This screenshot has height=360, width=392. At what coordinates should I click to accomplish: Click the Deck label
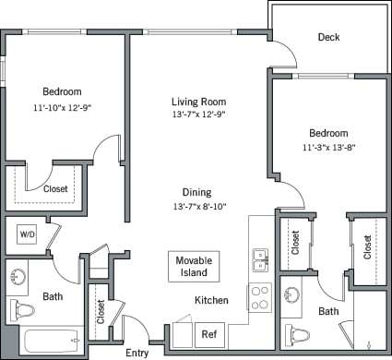click(x=328, y=38)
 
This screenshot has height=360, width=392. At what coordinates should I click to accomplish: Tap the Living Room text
click(x=198, y=102)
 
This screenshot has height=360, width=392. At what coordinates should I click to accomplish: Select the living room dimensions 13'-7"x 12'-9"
click(x=198, y=115)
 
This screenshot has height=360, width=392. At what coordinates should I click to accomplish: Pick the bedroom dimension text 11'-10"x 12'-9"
click(x=62, y=107)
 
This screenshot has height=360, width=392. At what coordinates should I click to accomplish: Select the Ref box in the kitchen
click(x=209, y=334)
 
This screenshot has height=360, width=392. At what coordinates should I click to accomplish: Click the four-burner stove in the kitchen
click(x=259, y=298)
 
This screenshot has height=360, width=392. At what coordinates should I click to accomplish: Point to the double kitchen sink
click(x=258, y=260)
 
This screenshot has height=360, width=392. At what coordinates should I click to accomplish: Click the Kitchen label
click(x=211, y=301)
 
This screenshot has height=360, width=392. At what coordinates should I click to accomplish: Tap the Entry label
click(x=137, y=352)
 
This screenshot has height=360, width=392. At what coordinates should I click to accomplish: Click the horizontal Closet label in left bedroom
click(x=55, y=188)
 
